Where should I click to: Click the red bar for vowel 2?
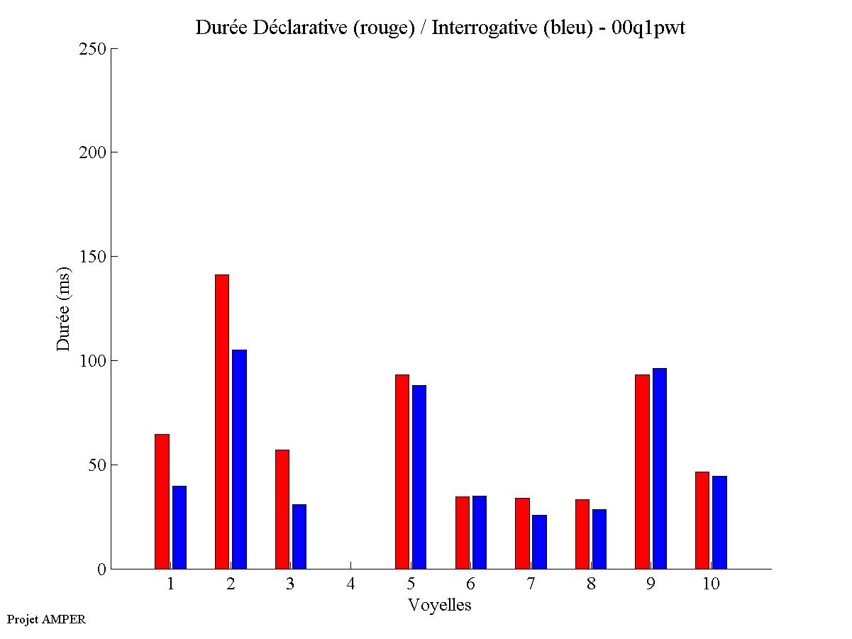[x=221, y=421]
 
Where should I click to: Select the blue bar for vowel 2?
[x=239, y=459]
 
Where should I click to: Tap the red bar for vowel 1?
[x=162, y=501]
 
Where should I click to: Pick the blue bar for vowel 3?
[x=299, y=536]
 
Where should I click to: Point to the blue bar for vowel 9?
[x=660, y=468]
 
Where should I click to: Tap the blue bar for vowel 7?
[x=539, y=541]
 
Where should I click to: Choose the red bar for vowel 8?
[x=582, y=533]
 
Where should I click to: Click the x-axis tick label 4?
[x=350, y=584]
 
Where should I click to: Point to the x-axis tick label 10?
[x=711, y=584]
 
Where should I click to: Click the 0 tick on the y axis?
[x=101, y=569]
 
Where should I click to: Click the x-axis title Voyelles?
[x=440, y=605]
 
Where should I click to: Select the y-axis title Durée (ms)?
[x=64, y=309]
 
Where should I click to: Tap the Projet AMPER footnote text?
[x=46, y=619]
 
